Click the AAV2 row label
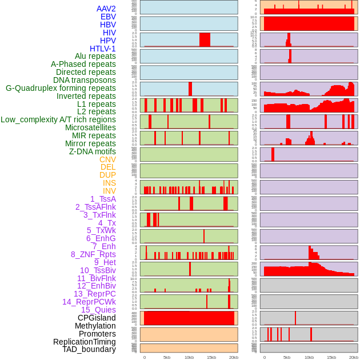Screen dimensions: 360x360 106,9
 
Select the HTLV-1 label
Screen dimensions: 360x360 102,49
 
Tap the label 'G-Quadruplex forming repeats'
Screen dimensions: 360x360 61,88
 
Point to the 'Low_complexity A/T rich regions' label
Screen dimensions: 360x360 58,119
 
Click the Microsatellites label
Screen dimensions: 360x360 90,127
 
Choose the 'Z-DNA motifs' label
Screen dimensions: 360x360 92,151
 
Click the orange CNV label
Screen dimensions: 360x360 107,159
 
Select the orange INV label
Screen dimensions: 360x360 109,191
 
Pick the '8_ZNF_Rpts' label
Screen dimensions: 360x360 93,254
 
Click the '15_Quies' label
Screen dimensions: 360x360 98,310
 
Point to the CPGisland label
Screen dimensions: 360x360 97,318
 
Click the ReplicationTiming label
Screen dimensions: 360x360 84,342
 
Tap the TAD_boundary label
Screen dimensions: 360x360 89,349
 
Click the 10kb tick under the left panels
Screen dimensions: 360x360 189,357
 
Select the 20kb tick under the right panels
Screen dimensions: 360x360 354,357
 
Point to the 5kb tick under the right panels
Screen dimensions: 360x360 286,357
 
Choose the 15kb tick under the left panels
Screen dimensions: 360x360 211,357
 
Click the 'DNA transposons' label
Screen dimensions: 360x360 85,80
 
